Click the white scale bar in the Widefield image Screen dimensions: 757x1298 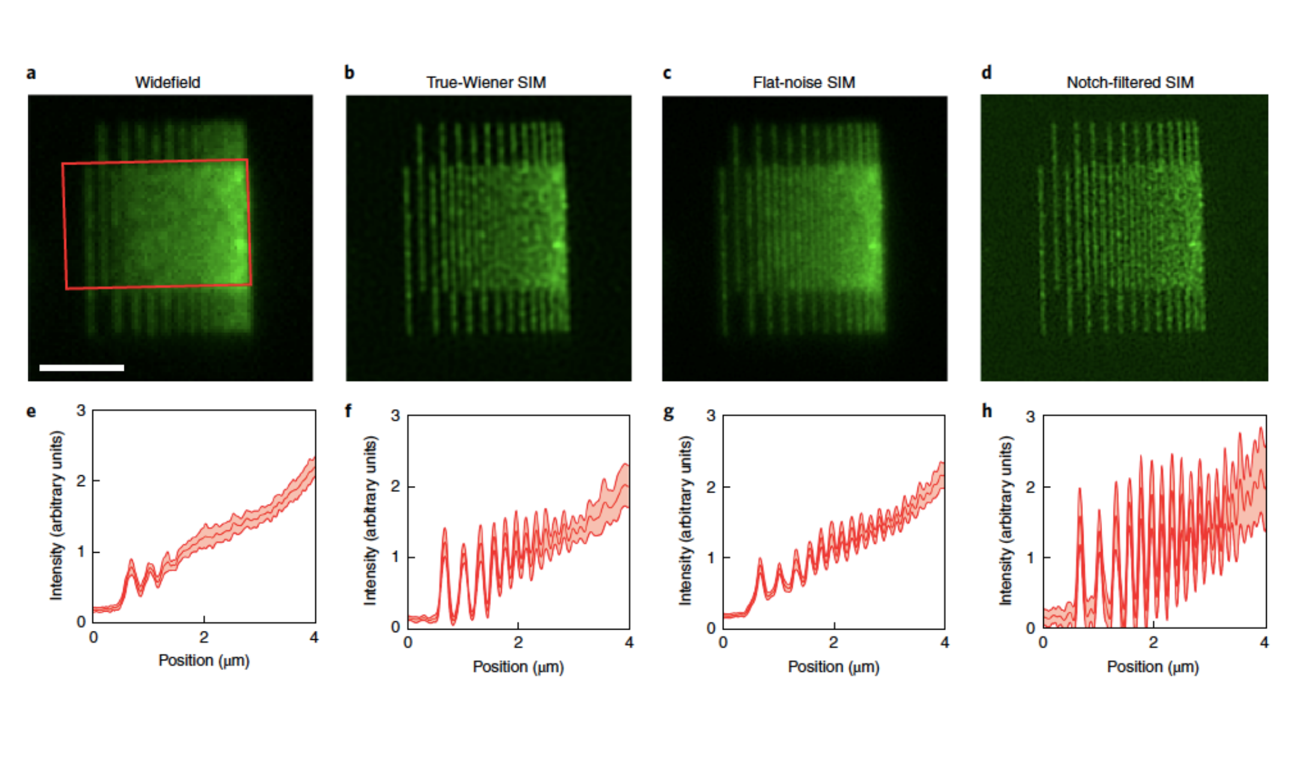coord(82,367)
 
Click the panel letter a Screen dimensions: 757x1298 coord(31,73)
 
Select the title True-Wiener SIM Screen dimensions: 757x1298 coord(486,82)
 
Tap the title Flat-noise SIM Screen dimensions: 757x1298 coord(803,82)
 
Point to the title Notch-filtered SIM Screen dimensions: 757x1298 coord(1130,82)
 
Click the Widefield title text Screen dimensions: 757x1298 coord(167,82)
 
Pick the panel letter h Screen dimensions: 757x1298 coord(986,412)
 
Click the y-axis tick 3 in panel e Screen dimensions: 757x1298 coord(81,410)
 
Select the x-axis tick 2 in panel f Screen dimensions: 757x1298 coord(518,643)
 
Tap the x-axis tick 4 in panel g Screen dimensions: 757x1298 coord(945,643)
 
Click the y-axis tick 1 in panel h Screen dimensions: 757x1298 coord(1031,558)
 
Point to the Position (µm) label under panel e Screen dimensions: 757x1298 coord(204,660)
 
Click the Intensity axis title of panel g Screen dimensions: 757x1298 coord(685,520)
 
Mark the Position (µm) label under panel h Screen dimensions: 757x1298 coord(1153,667)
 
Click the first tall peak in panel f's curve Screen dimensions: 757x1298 coord(445,531)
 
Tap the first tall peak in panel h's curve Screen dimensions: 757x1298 coord(1080,490)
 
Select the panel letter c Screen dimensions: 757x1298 coord(667,73)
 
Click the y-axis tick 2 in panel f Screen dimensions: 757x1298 coord(395,486)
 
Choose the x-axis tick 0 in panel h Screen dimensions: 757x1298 coord(1043,643)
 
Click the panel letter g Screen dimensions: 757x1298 coord(668,413)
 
